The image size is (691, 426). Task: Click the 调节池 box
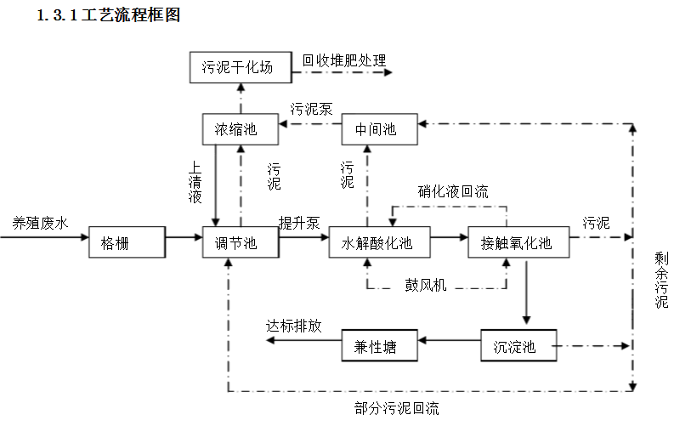pyautogui.click(x=241, y=242)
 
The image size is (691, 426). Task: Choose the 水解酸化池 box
pyautogui.click(x=379, y=242)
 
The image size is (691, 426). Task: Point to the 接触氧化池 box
pyautogui.click(x=518, y=242)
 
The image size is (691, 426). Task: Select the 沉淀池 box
pyautogui.click(x=518, y=346)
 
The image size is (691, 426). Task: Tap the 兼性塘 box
pyautogui.click(x=380, y=346)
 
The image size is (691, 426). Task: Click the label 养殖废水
pyautogui.click(x=40, y=223)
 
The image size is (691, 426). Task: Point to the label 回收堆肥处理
pyautogui.click(x=344, y=61)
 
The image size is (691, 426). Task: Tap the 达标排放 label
pyautogui.click(x=294, y=326)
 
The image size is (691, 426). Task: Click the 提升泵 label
pyautogui.click(x=299, y=223)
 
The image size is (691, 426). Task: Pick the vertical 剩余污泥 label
pyautogui.click(x=661, y=280)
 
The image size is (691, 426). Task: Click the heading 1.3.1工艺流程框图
pyautogui.click(x=109, y=15)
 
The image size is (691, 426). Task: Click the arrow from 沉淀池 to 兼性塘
pyautogui.click(x=450, y=343)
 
